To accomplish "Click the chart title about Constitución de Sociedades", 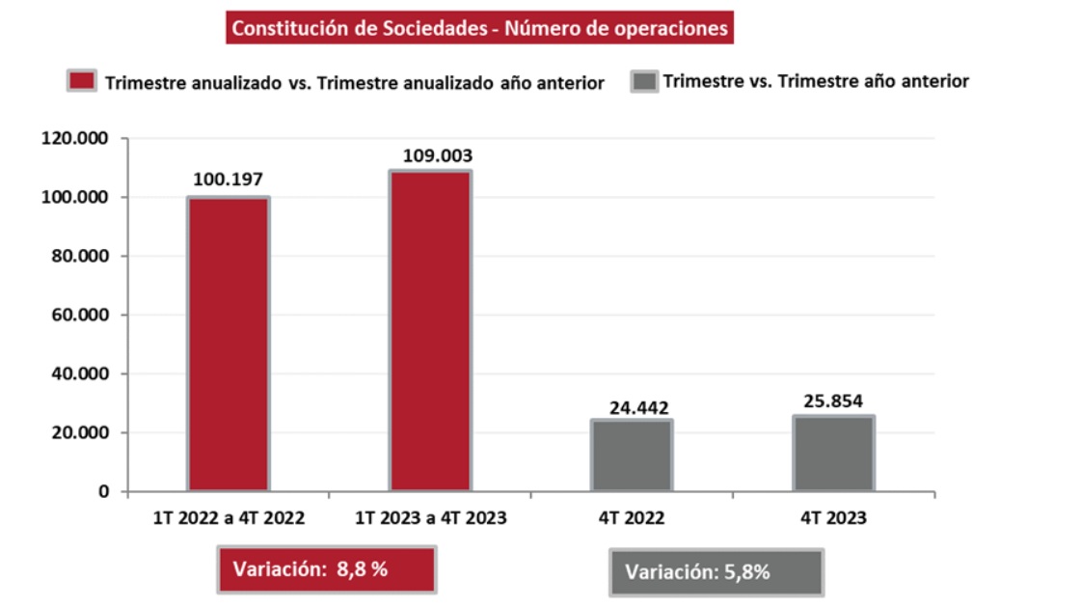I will (x=479, y=27).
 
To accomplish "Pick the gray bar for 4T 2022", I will (x=633, y=456).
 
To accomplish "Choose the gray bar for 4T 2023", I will (x=833, y=453).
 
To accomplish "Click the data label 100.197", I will (x=229, y=179).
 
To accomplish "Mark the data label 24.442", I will (x=638, y=407).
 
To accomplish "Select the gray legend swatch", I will (x=643, y=81).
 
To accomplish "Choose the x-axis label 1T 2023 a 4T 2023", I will (x=430, y=518).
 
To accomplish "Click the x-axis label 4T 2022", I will (x=633, y=518).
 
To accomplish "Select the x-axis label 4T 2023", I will (x=833, y=518).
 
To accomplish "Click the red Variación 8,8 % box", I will (x=327, y=569).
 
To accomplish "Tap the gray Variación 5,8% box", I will (x=716, y=572).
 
